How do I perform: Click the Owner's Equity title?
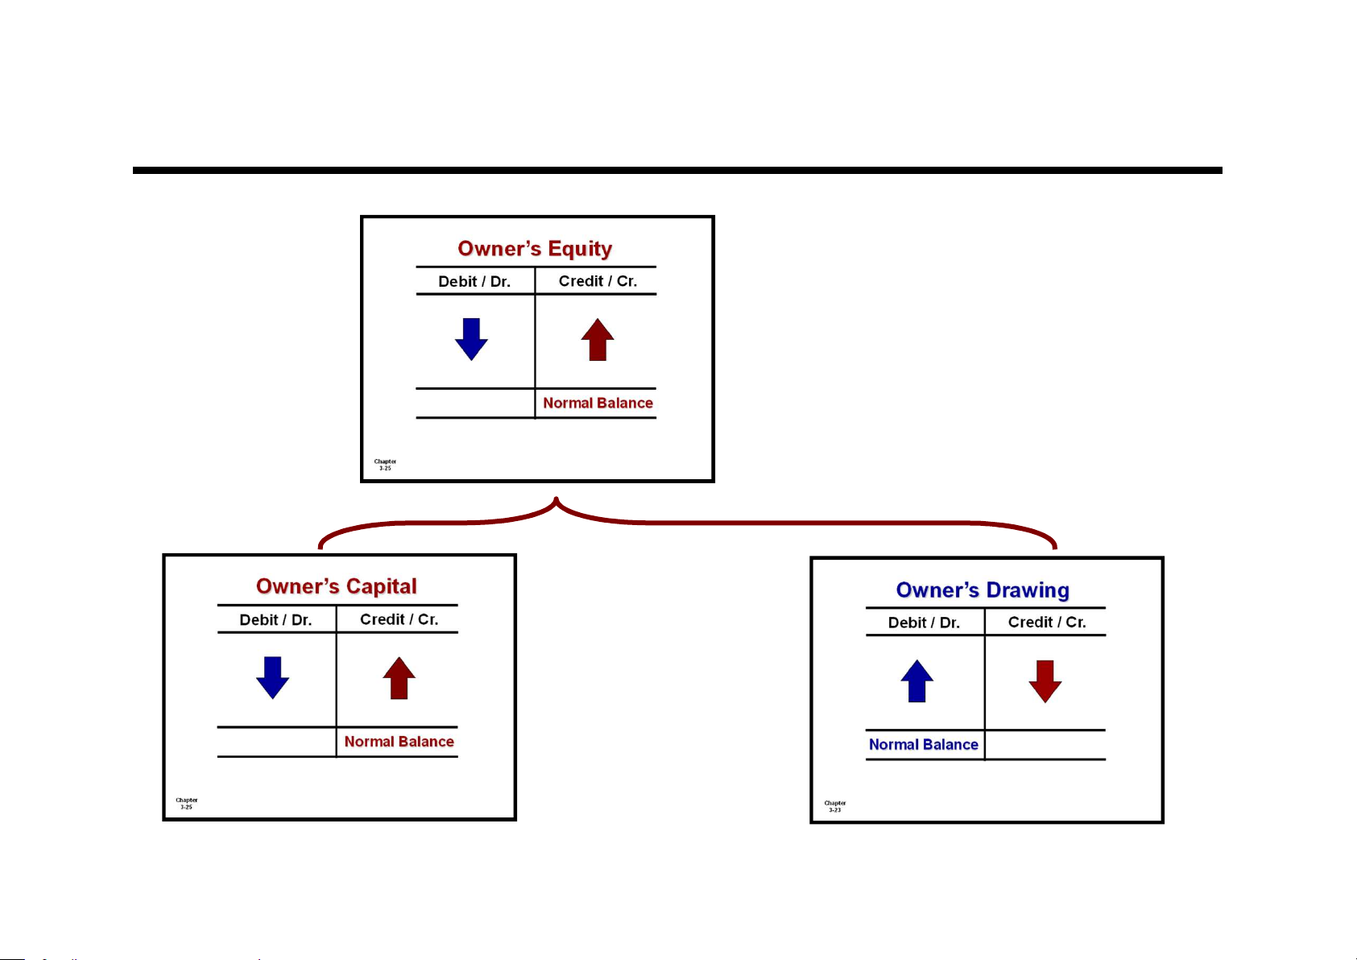(535, 249)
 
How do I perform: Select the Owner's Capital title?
(337, 586)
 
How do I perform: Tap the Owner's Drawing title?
(983, 590)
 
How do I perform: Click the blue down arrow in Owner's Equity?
(471, 339)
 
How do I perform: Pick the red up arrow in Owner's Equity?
(598, 340)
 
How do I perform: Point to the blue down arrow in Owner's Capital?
(272, 677)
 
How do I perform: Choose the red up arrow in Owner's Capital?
(399, 678)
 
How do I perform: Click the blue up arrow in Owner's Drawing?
(916, 681)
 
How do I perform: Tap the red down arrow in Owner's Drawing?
(1045, 681)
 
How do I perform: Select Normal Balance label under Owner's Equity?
(598, 403)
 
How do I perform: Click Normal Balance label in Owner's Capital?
(399, 742)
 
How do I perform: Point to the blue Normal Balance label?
(923, 745)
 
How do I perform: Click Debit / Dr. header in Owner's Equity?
(474, 281)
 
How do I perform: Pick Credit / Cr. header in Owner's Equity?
(598, 281)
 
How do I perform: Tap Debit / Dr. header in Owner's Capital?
(275, 620)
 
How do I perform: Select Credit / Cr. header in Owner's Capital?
(399, 619)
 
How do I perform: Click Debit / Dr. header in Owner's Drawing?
(924, 623)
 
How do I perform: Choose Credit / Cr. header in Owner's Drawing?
(1047, 623)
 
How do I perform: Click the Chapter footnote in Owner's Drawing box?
(835, 806)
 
